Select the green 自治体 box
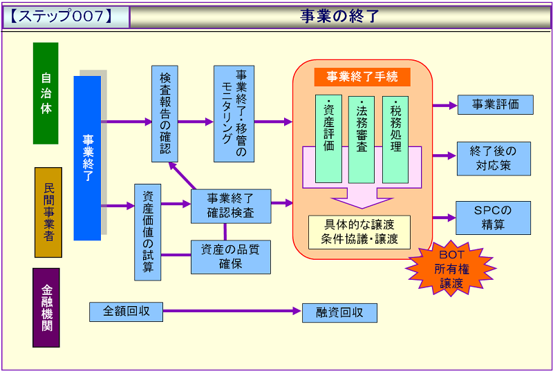(46, 93)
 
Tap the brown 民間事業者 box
(48, 212)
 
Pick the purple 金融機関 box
(46, 307)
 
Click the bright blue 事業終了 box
(87, 158)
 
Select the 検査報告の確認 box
(165, 114)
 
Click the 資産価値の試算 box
(147, 231)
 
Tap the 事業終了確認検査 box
(231, 206)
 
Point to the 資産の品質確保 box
(231, 256)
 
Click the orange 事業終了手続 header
(363, 77)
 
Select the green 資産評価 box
(328, 139)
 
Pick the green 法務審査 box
(362, 139)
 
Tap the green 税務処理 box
(395, 139)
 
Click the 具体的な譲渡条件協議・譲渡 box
(359, 232)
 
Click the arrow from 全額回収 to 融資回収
(232, 312)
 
